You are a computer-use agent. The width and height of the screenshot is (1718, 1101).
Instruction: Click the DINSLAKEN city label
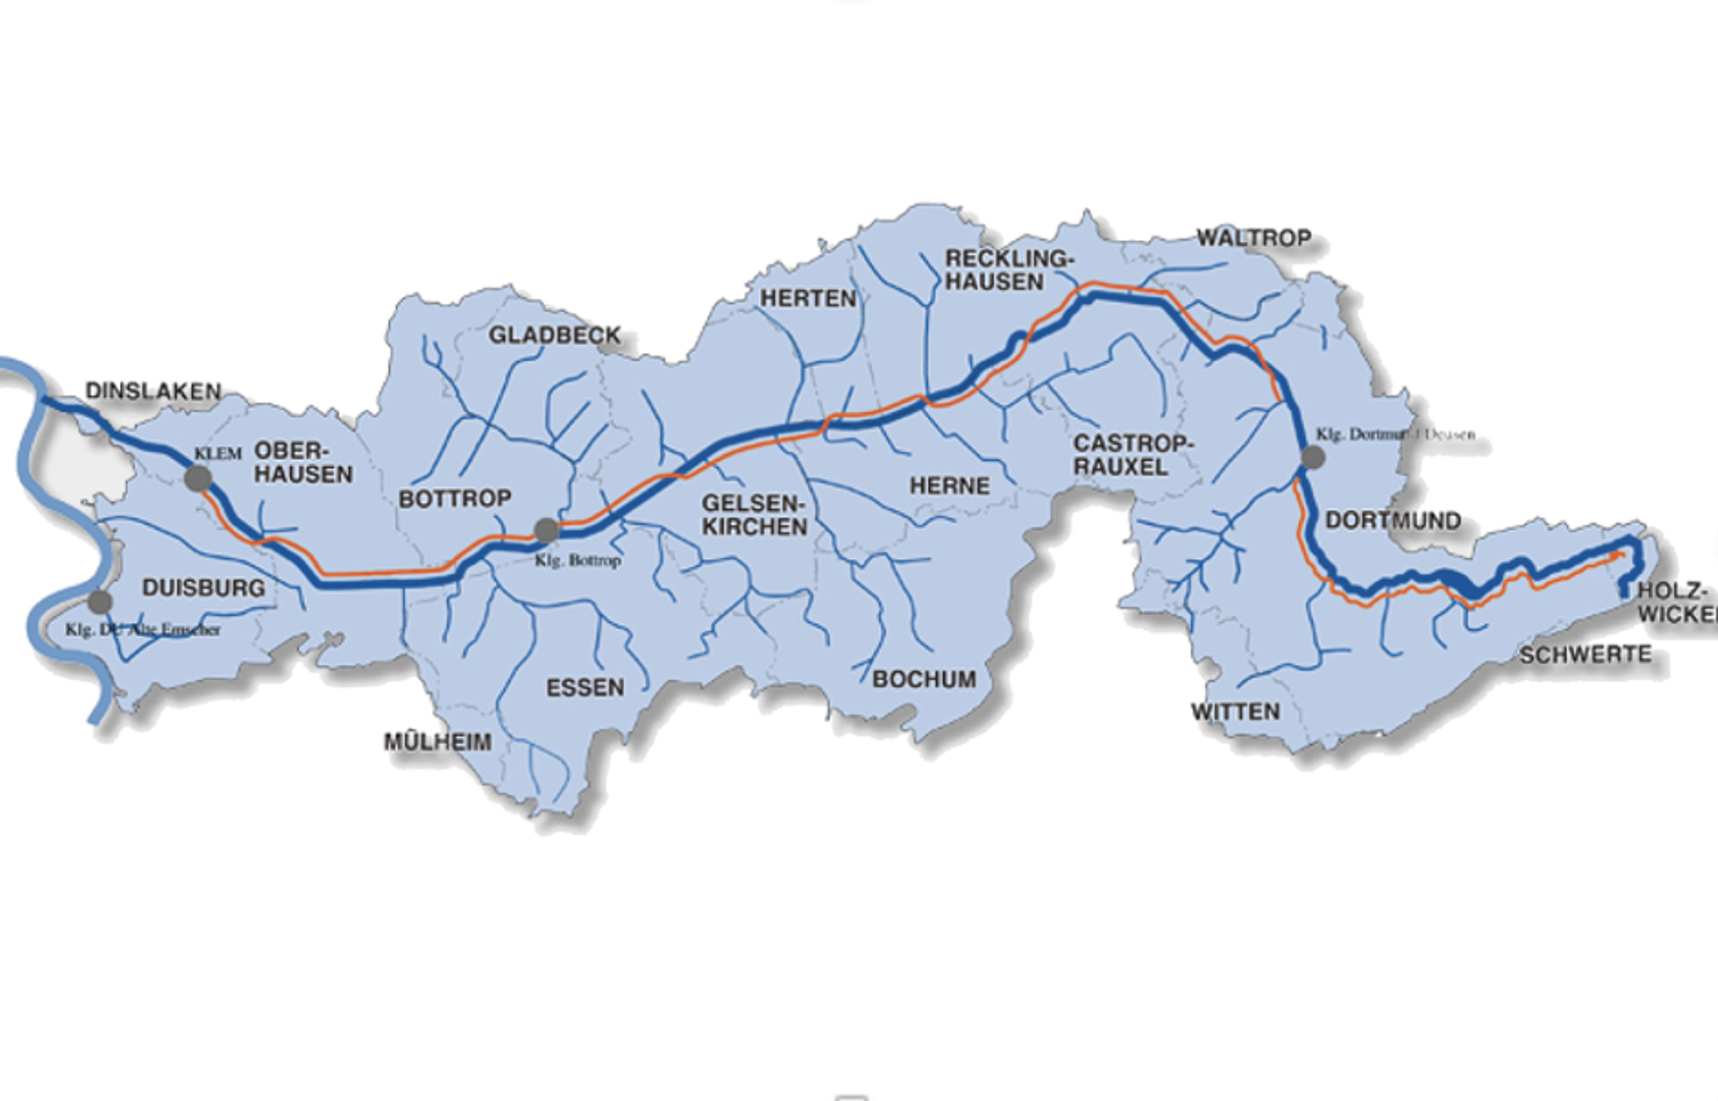click(153, 392)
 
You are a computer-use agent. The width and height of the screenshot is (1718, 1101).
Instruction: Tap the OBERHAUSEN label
click(303, 462)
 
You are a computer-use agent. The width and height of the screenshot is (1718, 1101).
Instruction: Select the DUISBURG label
click(204, 588)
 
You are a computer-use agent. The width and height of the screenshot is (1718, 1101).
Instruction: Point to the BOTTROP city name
click(455, 499)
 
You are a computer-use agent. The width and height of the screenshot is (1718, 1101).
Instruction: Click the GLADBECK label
click(554, 336)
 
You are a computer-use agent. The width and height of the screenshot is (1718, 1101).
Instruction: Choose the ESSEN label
click(585, 687)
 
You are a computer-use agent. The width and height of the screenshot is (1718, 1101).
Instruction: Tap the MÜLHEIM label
click(438, 741)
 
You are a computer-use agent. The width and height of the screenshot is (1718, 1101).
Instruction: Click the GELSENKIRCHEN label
click(754, 515)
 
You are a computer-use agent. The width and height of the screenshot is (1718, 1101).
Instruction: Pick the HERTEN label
click(808, 298)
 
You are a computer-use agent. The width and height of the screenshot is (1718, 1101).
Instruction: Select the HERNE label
click(950, 485)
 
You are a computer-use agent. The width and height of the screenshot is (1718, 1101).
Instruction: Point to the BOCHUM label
click(924, 679)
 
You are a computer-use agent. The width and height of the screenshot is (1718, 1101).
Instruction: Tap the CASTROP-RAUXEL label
click(1133, 455)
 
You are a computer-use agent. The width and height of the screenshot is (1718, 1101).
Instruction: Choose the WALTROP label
click(1254, 239)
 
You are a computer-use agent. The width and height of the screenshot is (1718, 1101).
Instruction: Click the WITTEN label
click(1235, 712)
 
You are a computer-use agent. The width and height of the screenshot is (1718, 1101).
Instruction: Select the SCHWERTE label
click(1585, 654)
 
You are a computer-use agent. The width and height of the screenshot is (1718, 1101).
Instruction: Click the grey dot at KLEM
click(198, 478)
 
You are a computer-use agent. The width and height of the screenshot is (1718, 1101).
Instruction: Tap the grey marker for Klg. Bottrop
click(547, 530)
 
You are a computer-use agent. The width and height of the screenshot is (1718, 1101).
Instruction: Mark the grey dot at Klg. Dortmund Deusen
click(1313, 457)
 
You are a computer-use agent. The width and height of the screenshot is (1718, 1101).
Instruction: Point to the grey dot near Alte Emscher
click(99, 602)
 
